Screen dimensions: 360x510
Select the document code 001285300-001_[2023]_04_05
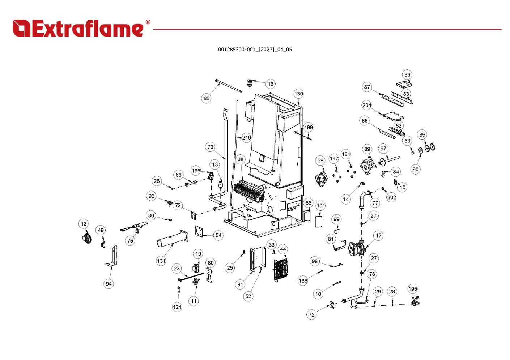point(255,50)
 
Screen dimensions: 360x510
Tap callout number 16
point(271,84)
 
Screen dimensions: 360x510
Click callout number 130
point(298,94)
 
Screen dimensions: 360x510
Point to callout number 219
point(247,138)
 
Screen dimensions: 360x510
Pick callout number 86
point(407,75)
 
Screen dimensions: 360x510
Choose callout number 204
point(367,106)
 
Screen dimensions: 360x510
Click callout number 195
point(413,289)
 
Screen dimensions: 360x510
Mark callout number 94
point(109,284)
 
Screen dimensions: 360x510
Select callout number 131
point(161,261)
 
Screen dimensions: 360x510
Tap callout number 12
point(84,224)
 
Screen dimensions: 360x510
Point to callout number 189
point(303,280)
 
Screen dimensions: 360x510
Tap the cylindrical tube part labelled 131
point(172,240)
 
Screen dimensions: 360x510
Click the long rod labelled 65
point(228,86)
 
